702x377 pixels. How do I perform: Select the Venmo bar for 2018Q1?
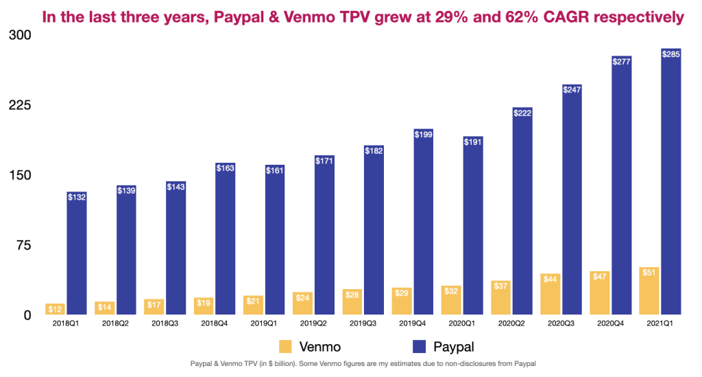pyautogui.click(x=55, y=309)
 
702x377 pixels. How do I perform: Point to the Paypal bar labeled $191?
pyautogui.click(x=472, y=227)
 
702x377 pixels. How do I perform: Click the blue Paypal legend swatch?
pyautogui.click(x=409, y=346)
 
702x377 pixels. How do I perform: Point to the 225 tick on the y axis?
pyautogui.click(x=20, y=106)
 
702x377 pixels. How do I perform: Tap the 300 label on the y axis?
pyautogui.click(x=20, y=35)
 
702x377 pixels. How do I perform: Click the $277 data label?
pyautogui.click(x=621, y=62)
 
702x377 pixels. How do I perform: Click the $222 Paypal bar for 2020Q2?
pyautogui.click(x=522, y=212)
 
